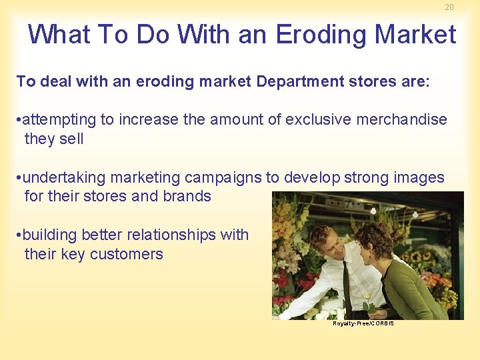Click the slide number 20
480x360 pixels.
point(449,7)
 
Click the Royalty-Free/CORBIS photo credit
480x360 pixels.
point(363,323)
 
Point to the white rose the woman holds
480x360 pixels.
point(365,298)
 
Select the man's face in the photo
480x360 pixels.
point(331,245)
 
